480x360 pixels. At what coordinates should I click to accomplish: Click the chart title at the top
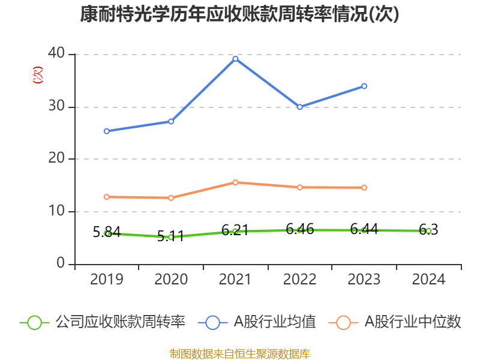(239, 14)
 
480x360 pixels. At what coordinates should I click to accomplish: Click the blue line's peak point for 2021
(235, 59)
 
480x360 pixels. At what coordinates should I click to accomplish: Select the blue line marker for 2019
(106, 131)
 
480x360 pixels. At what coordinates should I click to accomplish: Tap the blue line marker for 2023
(364, 86)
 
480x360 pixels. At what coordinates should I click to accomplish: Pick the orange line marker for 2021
(235, 182)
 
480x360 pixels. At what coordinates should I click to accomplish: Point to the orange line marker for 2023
(364, 188)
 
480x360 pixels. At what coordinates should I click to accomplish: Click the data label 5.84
(107, 232)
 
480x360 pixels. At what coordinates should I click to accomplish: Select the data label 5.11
(170, 236)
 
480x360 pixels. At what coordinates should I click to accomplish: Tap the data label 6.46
(299, 229)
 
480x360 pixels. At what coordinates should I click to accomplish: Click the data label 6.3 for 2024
(428, 230)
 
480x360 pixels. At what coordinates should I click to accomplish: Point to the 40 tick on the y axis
(57, 54)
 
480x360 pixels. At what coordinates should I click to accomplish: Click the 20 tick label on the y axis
(57, 159)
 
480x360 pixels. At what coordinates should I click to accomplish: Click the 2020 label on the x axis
(171, 279)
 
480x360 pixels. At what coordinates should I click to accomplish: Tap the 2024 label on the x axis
(428, 279)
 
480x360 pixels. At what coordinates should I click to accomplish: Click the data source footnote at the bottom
(239, 353)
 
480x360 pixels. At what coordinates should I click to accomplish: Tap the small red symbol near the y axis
(37, 74)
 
